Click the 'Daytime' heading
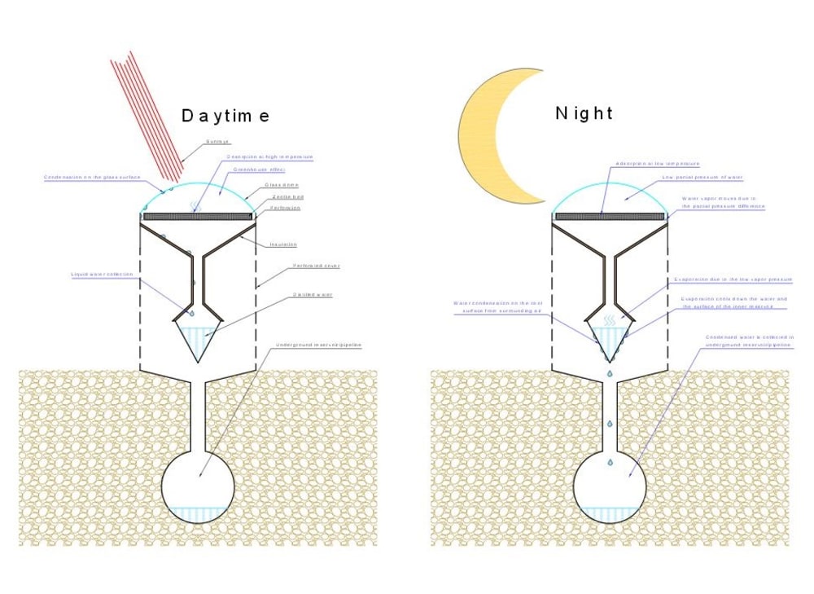[225, 116]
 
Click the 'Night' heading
[584, 113]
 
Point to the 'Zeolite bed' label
[282, 196]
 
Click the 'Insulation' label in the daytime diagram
[282, 244]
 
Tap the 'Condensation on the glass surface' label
[93, 177]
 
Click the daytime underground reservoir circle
[198, 486]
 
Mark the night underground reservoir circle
[609, 486]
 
